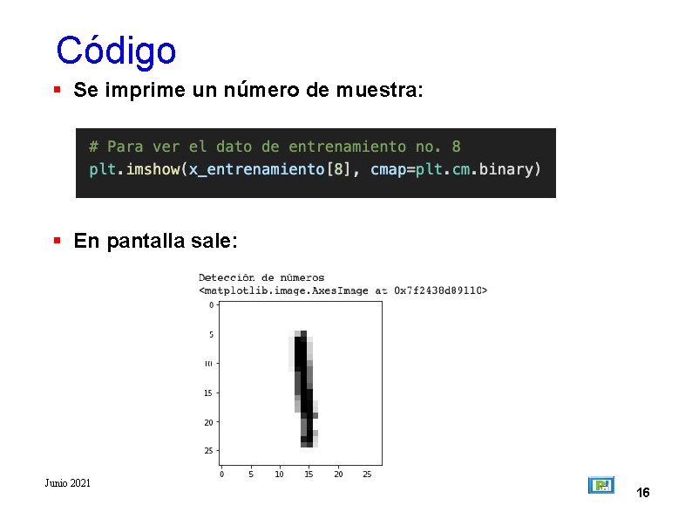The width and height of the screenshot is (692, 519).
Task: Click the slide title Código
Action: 116,51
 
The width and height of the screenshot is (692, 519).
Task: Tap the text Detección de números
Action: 261,278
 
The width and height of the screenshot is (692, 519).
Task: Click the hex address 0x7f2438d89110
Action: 440,290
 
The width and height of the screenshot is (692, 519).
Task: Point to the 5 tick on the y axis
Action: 211,335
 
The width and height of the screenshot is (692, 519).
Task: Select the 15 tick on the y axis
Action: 209,393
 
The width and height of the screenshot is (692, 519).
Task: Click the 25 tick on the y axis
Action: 209,451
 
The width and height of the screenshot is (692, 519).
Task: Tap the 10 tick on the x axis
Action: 279,475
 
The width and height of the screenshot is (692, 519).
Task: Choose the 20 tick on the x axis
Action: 338,475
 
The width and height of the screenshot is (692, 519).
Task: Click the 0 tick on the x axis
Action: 221,475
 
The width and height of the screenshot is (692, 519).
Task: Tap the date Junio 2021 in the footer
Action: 68,483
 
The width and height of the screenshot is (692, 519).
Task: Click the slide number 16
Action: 643,494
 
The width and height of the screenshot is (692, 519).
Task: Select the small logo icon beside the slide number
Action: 601,485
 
